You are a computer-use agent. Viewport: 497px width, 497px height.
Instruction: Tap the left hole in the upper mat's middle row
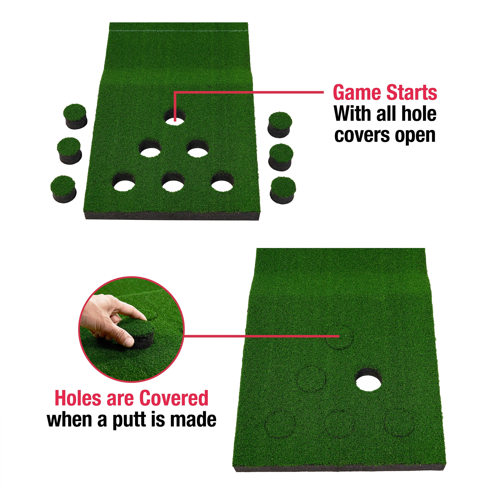[x=150, y=149]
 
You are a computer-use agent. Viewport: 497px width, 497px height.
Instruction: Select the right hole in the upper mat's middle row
[x=198, y=149]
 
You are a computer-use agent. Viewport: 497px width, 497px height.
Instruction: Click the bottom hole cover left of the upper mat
[x=64, y=189]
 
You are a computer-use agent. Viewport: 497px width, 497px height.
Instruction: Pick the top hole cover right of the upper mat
[x=280, y=125]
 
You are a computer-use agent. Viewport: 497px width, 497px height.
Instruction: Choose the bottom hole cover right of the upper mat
[x=283, y=190]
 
